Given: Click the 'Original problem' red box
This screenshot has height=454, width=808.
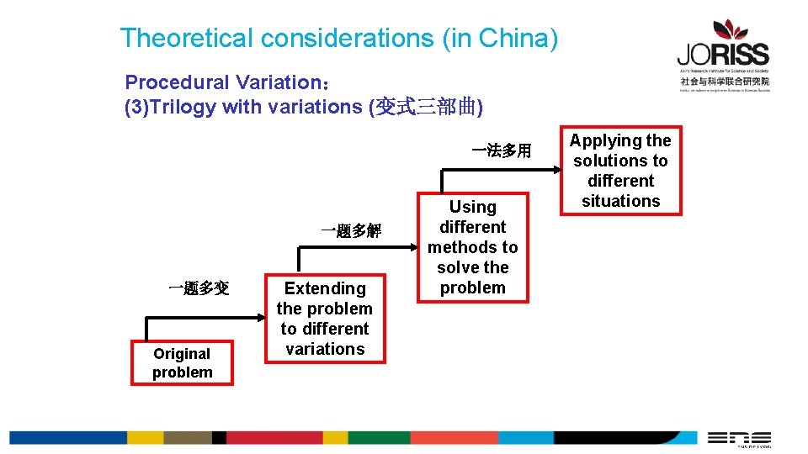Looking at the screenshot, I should click(182, 363).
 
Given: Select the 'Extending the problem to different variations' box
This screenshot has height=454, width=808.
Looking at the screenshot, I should click(325, 319).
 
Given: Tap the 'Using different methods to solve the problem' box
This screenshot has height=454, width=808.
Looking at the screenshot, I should click(473, 247).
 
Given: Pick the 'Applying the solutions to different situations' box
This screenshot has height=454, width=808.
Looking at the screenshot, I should click(621, 171).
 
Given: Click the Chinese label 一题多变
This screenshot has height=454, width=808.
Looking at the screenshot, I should click(199, 288).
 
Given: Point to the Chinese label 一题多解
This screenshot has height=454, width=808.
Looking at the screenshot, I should click(351, 230).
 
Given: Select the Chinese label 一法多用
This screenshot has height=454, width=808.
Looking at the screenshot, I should click(502, 151).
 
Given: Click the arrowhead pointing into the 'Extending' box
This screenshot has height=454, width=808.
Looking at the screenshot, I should click(259, 318).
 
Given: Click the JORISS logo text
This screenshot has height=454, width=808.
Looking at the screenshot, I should click(723, 55).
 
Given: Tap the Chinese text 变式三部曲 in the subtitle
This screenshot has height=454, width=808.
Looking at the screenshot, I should click(426, 107).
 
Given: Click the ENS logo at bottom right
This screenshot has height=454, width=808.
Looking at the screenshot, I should click(738, 438).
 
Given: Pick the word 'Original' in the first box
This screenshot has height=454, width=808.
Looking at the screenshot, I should click(182, 354).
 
